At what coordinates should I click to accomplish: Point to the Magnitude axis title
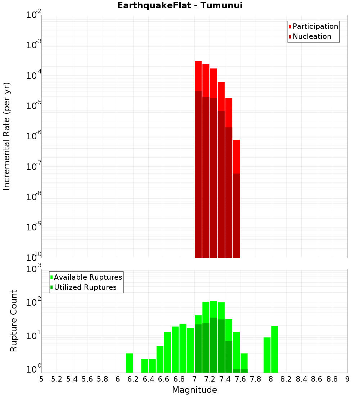pyautogui.click(x=194, y=390)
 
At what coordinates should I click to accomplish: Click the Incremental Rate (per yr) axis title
pyautogui.click(x=6, y=136)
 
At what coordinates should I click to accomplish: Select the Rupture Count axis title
pyautogui.click(x=14, y=321)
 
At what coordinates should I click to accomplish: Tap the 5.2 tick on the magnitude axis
pyautogui.click(x=57, y=379)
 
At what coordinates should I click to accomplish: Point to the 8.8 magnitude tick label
pyautogui.click(x=332, y=379)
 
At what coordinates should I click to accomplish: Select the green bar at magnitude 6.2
pyautogui.click(x=129, y=363)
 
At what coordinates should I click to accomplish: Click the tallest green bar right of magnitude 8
pyautogui.click(x=275, y=349)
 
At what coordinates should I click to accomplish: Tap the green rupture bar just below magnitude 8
pyautogui.click(x=267, y=355)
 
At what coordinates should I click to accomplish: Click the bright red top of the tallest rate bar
pyautogui.click(x=198, y=76)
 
